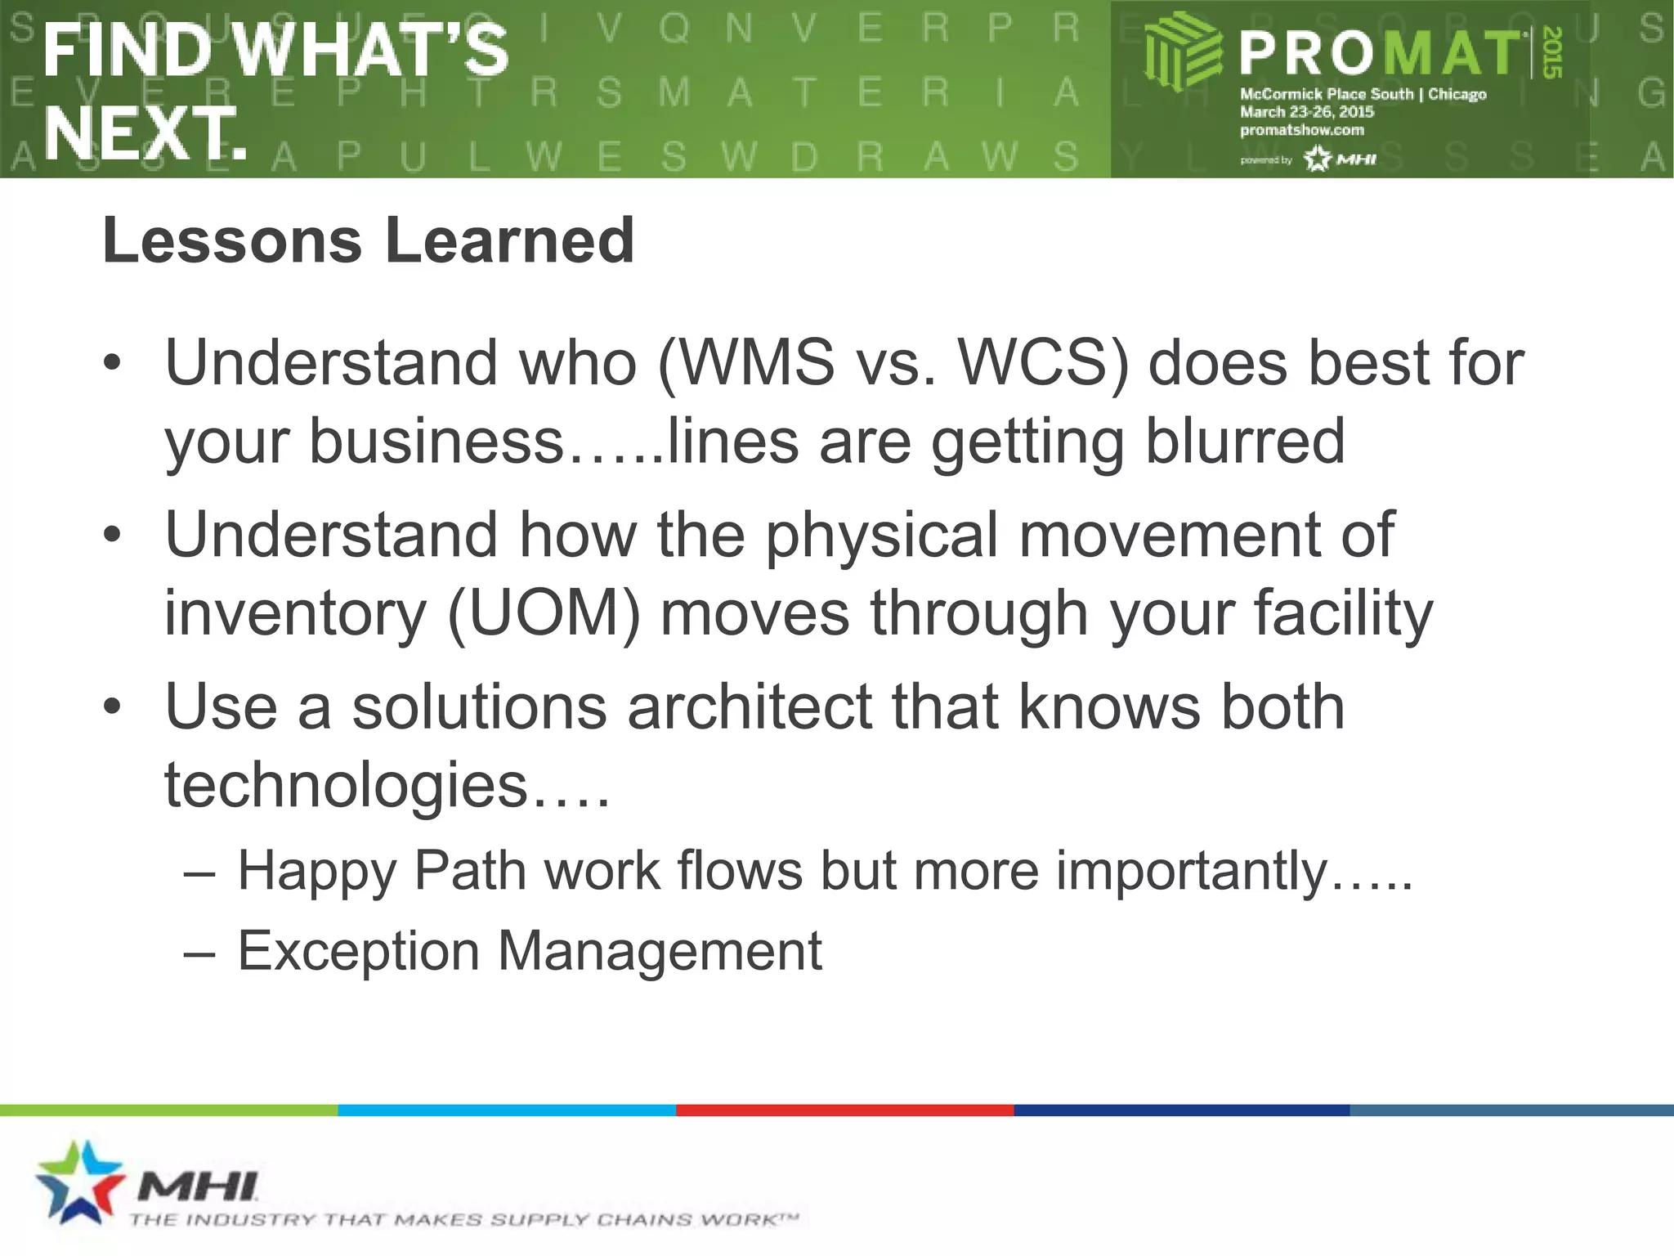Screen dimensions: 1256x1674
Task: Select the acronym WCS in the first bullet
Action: (x=1036, y=362)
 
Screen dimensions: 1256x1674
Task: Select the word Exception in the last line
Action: (x=358, y=950)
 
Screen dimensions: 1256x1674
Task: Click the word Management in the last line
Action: (x=660, y=950)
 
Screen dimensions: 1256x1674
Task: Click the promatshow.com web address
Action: (x=1301, y=130)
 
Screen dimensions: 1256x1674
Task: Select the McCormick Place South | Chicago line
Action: (x=1363, y=94)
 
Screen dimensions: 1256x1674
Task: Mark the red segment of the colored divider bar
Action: (x=844, y=1110)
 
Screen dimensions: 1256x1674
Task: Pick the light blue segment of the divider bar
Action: (x=507, y=1110)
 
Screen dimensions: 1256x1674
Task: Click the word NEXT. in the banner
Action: (x=145, y=132)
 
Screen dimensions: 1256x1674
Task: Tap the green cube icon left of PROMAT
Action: (x=1181, y=53)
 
